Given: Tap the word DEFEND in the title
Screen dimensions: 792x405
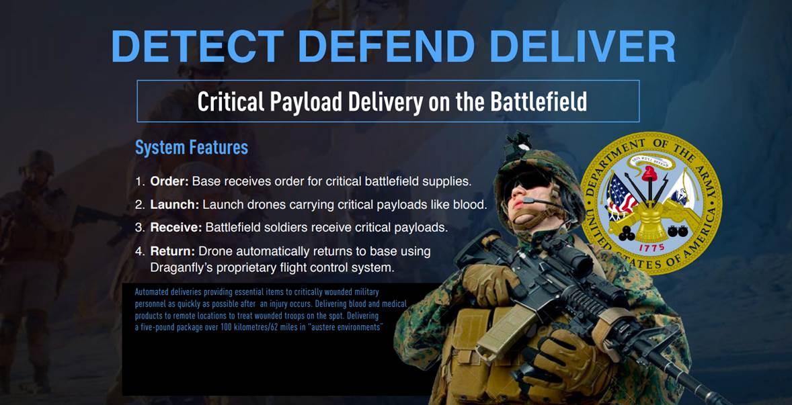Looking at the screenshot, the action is [387, 46].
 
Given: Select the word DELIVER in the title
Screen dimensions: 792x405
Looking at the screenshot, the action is [582, 46].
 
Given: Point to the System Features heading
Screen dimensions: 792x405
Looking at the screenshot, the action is [192, 147].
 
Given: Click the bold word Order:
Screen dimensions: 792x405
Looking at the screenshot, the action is [169, 181].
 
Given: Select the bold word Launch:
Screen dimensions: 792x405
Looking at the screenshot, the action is [174, 205].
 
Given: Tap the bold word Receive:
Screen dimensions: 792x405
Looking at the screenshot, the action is [175, 228].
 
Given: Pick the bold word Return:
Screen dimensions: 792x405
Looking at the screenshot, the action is [172, 251].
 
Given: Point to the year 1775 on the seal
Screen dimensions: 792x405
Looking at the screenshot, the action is [651, 248].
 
